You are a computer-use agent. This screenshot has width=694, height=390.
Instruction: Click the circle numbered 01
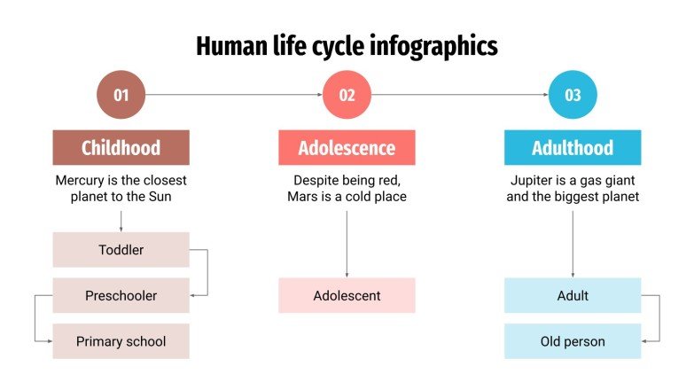coord(121,95)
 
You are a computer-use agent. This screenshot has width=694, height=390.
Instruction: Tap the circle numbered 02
coord(347,95)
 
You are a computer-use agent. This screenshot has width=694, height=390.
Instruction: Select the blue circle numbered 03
coord(573,95)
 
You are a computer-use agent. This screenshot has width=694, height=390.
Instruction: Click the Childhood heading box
coord(121,147)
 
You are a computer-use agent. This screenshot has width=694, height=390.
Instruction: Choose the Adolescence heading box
coord(347,147)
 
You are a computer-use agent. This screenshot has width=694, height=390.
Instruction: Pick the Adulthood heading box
coord(573,147)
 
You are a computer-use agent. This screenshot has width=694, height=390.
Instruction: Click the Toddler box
coord(121,250)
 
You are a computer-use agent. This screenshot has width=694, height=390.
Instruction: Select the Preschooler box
coord(121,295)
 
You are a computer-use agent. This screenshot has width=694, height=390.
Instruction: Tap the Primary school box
coord(121,341)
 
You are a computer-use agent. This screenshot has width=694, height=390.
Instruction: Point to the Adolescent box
coord(347,295)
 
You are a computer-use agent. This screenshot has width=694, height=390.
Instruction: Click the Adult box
coord(573,295)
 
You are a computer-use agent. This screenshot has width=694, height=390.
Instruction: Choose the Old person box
coord(573,341)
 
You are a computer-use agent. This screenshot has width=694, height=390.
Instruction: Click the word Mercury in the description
coord(81,180)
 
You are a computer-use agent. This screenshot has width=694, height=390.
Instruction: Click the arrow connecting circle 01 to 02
coord(233,95)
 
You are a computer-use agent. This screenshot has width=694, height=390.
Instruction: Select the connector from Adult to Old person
coord(659,317)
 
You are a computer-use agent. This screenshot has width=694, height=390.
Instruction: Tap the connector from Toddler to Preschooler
coord(207,272)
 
